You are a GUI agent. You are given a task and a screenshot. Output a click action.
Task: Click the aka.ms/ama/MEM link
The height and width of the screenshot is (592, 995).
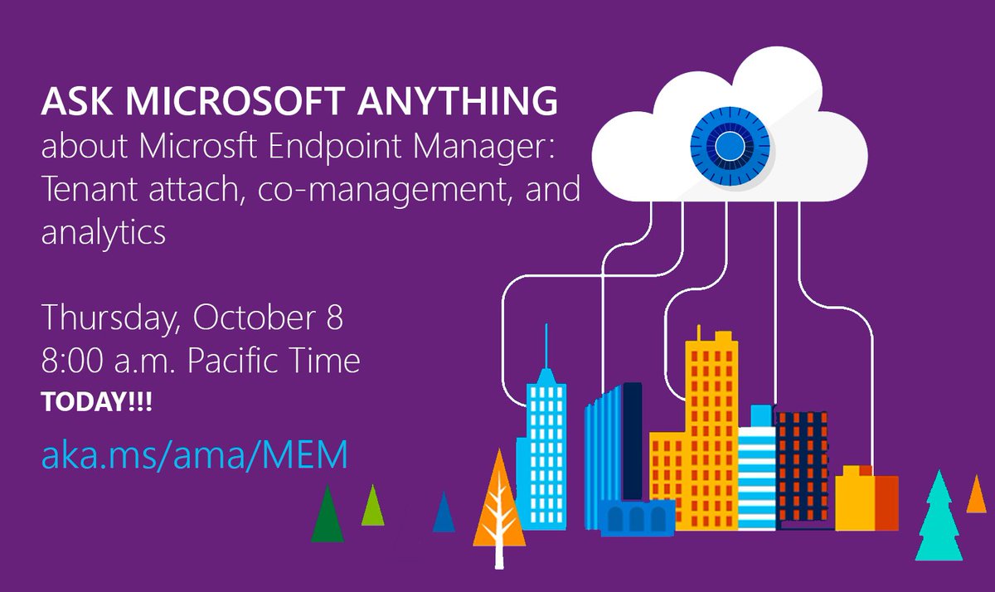194,455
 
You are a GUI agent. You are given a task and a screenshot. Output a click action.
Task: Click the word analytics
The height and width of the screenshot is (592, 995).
104,232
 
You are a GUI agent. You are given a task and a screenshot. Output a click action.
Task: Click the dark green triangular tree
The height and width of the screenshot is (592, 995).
327,516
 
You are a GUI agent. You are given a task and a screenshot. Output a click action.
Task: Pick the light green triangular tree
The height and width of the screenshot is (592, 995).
373,506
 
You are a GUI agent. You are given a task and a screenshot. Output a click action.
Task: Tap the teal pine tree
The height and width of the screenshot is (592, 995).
939,518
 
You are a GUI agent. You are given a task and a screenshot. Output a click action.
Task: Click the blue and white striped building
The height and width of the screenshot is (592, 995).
756,473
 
